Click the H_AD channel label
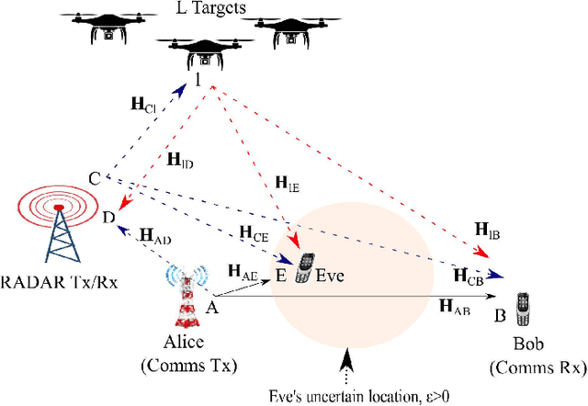155,236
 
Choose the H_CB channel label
469,275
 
